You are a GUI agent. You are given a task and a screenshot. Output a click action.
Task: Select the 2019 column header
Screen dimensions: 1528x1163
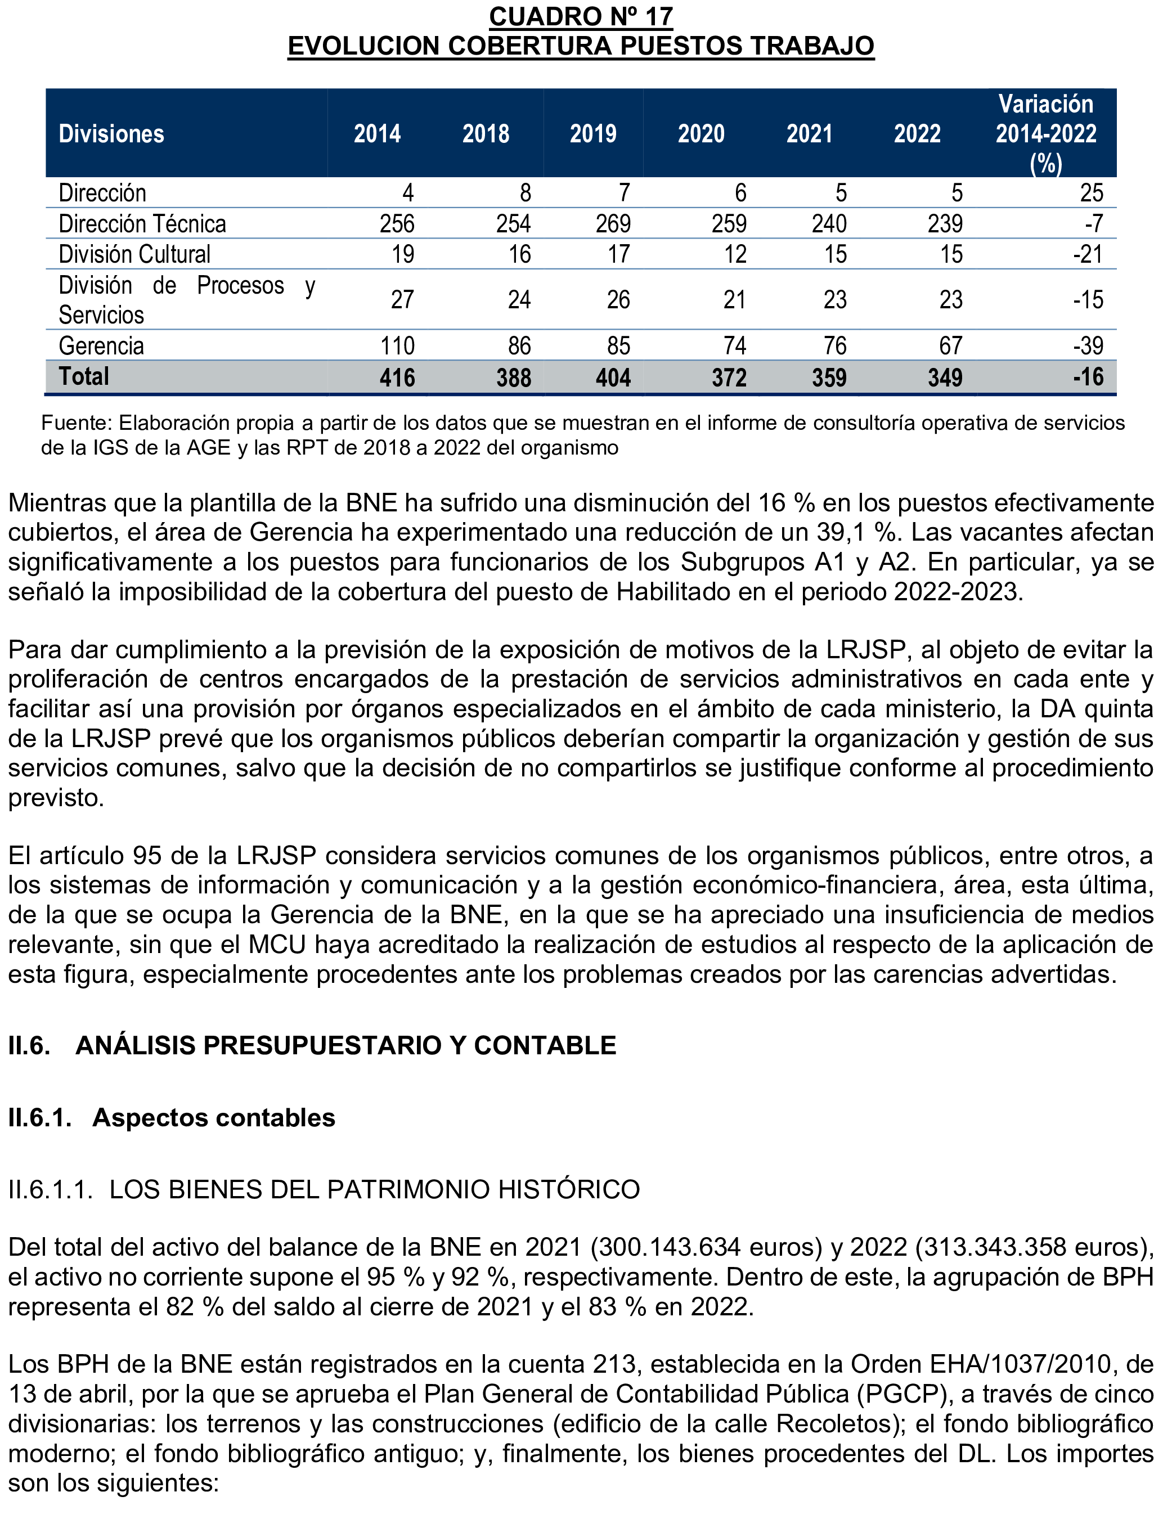pos(592,133)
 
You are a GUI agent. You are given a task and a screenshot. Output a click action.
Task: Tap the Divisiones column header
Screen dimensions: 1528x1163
pos(111,133)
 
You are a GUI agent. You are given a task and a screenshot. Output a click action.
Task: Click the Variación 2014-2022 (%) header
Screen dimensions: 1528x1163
pos(1045,133)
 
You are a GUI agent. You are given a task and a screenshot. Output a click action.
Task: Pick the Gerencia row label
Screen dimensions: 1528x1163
pos(101,345)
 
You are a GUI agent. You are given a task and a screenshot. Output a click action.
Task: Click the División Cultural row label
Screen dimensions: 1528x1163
pos(134,254)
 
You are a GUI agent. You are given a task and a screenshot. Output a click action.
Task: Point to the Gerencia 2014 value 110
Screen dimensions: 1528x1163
pos(397,345)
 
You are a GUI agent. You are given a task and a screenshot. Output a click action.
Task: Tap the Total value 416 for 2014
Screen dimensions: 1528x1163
pos(397,377)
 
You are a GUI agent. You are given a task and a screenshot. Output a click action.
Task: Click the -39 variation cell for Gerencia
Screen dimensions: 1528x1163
pos(1088,345)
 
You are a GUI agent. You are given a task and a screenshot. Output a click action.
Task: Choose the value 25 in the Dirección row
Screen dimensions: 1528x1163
pos(1091,193)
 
